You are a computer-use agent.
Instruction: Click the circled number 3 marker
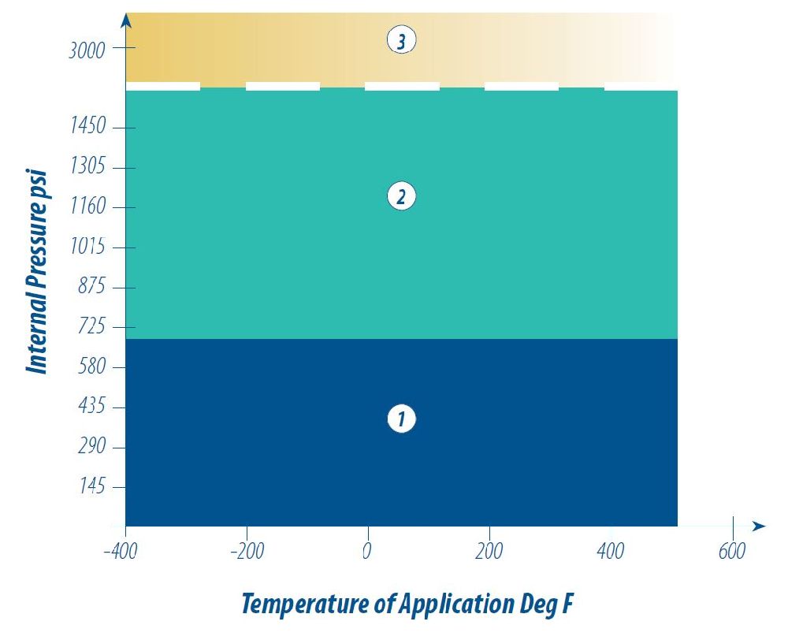[x=401, y=40]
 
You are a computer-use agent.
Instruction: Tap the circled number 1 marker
[x=401, y=419]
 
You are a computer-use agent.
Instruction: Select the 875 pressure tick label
[x=91, y=288]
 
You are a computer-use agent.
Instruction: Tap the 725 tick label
[x=91, y=327]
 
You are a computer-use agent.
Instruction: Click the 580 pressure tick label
[x=91, y=367]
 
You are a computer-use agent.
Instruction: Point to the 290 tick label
[x=91, y=448]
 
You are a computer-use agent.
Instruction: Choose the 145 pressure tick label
[x=91, y=487]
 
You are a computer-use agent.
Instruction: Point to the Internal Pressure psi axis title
[x=35, y=272]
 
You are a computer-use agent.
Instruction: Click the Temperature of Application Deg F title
[x=408, y=605]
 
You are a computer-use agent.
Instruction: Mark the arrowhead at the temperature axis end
[x=759, y=526]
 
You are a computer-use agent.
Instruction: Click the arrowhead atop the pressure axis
[x=126, y=20]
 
